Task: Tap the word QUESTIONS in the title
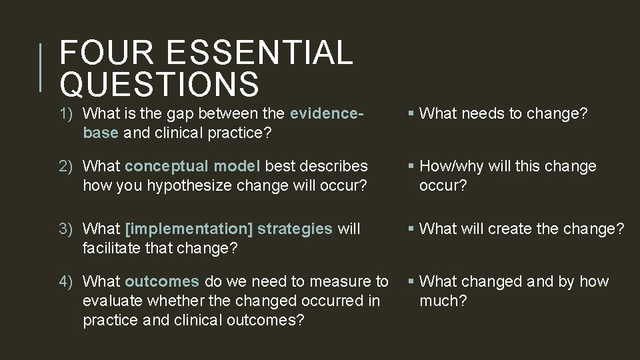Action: pos(159,84)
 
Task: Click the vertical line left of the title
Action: pos(42,67)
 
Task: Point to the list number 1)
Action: pos(69,114)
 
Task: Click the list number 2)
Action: pos(69,166)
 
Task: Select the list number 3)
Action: pos(69,229)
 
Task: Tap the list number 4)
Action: pos(69,282)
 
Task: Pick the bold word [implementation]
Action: pos(189,229)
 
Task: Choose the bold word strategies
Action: pos(295,229)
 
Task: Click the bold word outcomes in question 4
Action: pos(161,282)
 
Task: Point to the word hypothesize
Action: pos(175,184)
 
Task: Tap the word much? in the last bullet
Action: pos(443,300)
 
